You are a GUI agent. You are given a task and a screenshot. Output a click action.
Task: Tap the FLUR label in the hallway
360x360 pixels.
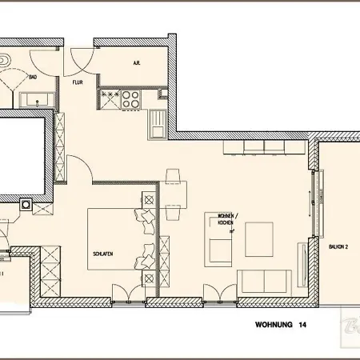(78, 81)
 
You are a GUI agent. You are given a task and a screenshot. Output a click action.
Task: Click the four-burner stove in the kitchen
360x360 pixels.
(130, 98)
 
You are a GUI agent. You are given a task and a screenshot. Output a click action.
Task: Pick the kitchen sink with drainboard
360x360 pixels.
(157, 122)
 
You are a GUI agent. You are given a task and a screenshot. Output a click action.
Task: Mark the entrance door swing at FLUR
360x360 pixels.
(81, 58)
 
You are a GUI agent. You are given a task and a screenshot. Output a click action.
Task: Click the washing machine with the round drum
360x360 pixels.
(26, 205)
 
